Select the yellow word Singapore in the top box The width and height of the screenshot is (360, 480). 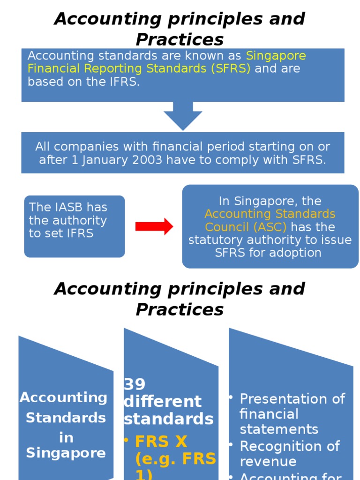(x=276, y=56)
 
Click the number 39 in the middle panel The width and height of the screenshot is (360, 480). (x=135, y=384)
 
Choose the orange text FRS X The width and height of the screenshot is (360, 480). (x=161, y=442)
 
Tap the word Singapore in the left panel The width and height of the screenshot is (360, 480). (x=66, y=453)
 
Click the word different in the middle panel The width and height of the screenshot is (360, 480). (x=163, y=402)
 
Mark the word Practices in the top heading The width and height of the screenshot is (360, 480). (x=180, y=39)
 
